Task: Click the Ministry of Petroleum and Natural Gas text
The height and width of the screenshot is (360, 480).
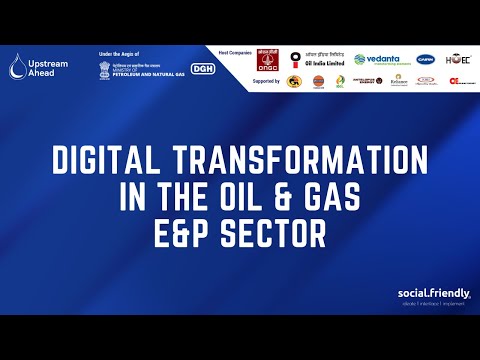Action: (x=146, y=69)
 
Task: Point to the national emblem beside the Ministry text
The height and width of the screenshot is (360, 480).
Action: (x=106, y=68)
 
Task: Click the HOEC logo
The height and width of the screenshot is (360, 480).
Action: (x=458, y=59)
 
